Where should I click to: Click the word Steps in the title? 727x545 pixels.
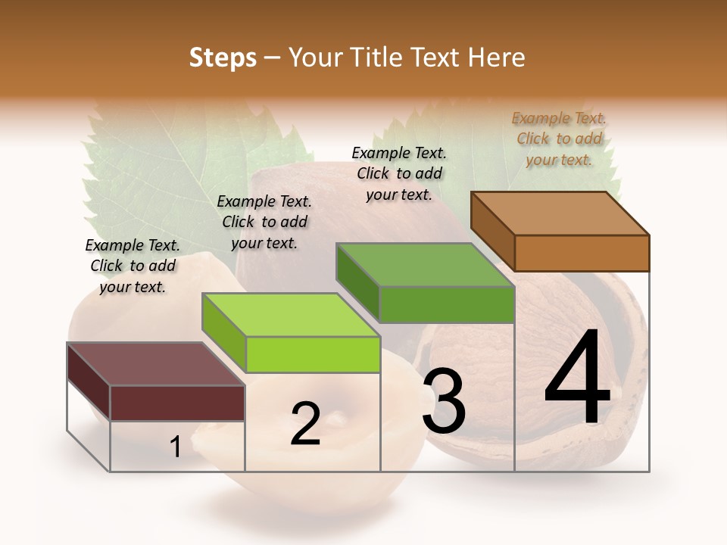point(223,58)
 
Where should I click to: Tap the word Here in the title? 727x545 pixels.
point(496,58)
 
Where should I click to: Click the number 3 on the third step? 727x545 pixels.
point(444,401)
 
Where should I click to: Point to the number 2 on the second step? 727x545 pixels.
point(305,424)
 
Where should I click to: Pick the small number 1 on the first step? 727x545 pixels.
point(176,447)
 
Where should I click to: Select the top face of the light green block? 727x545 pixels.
point(291,315)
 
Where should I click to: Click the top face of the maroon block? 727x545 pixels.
point(156,364)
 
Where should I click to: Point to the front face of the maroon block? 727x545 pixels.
point(177,403)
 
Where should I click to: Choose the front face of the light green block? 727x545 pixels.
point(313,354)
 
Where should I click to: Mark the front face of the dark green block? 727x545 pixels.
point(447,304)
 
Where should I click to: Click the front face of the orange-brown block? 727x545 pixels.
point(582,253)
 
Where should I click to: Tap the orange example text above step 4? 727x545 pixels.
point(559,139)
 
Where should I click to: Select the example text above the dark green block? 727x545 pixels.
point(399,173)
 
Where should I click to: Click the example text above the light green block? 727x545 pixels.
point(264,222)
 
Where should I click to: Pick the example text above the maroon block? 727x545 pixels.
point(133,266)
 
